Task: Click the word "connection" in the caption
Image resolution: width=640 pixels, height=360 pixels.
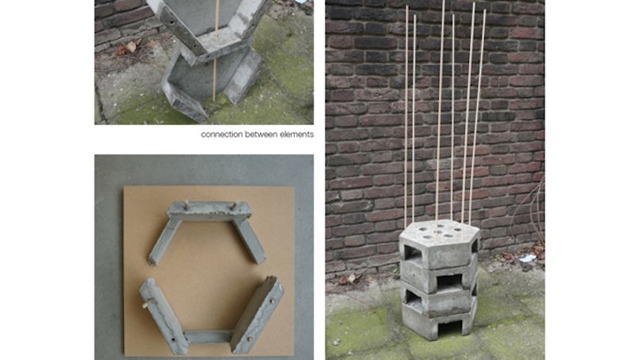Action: tap(222, 134)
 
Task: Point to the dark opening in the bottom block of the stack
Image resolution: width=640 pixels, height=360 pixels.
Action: tap(449, 327)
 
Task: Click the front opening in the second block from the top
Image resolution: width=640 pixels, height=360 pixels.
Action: tap(449, 281)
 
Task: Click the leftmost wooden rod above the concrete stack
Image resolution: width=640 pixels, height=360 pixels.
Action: tap(406, 116)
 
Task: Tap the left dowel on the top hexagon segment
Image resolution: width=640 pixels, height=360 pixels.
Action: tap(187, 203)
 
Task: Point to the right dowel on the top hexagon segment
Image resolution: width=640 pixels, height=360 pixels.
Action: tap(234, 207)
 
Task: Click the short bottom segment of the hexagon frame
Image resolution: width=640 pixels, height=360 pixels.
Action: tap(208, 337)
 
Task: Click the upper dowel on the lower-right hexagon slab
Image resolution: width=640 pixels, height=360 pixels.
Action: tap(271, 302)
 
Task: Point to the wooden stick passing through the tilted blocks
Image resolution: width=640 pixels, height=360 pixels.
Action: tap(215, 51)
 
